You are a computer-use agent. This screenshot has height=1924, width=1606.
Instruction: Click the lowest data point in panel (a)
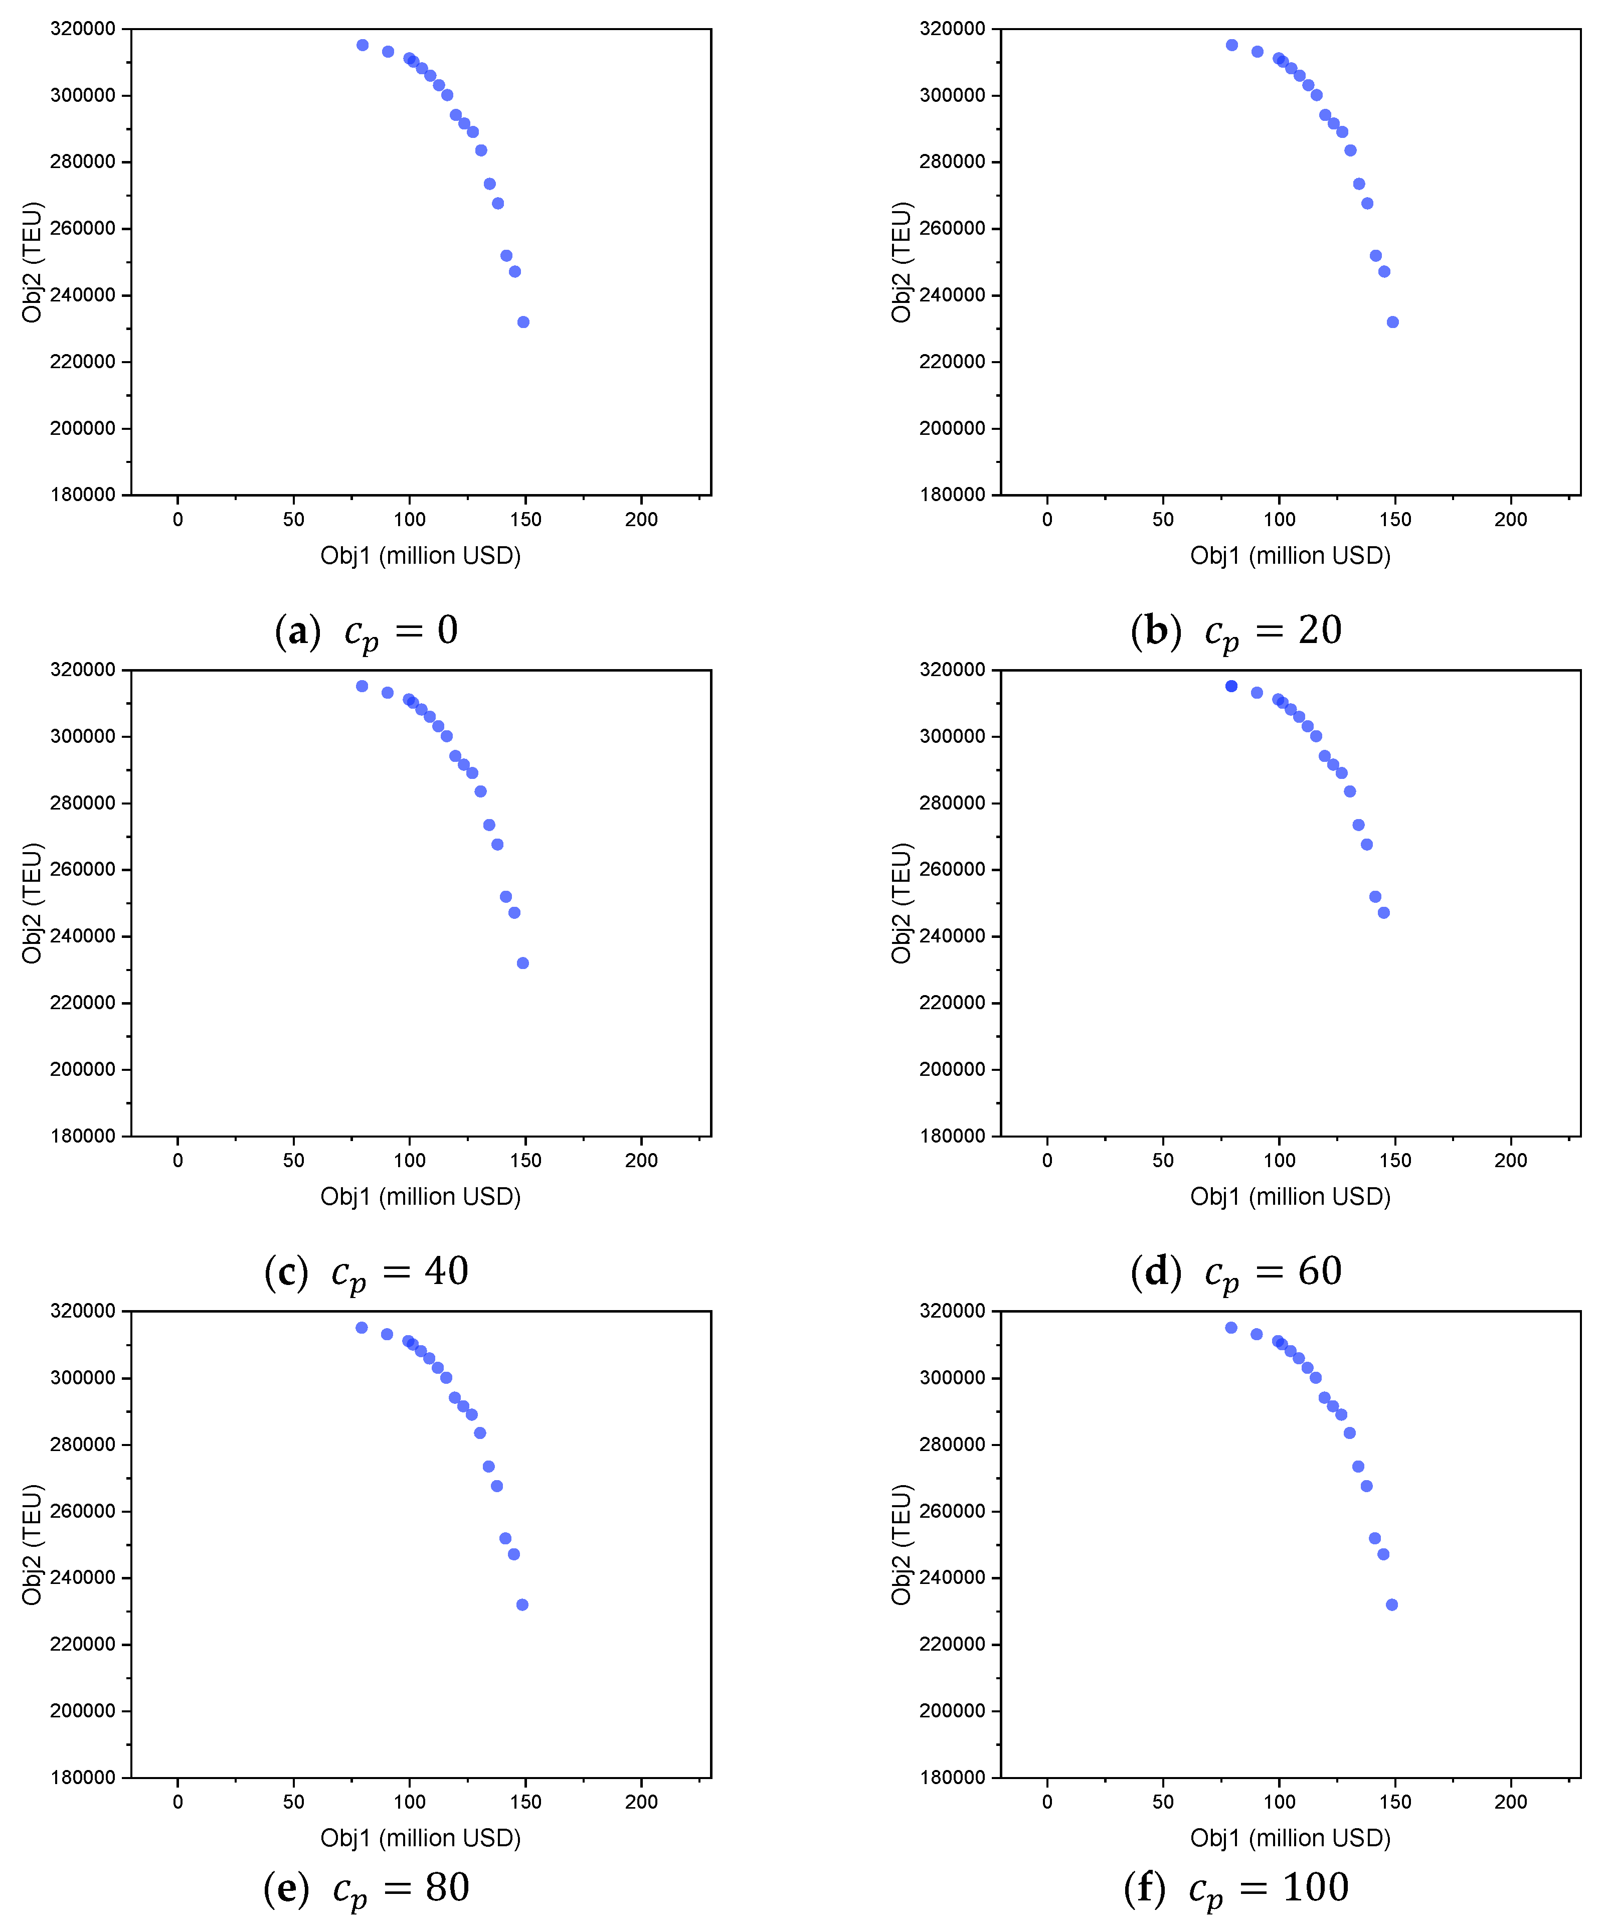[523, 322]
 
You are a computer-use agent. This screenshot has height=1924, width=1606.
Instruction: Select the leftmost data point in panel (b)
[1231, 45]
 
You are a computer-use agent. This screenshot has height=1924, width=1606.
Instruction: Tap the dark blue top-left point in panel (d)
[1231, 686]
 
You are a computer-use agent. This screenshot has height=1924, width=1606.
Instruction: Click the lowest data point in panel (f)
[1391, 1604]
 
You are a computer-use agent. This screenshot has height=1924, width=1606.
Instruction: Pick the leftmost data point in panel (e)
[362, 1328]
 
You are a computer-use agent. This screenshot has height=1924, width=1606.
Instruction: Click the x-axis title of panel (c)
[421, 1197]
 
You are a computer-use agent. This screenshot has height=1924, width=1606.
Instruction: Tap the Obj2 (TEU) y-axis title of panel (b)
[902, 262]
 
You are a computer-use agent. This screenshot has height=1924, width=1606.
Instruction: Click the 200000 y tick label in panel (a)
[82, 428]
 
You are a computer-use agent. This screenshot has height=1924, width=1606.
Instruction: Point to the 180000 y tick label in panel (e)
[82, 1778]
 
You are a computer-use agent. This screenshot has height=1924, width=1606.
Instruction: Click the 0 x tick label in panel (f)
[1047, 1801]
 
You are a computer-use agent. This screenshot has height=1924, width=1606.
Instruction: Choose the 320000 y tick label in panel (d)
[952, 670]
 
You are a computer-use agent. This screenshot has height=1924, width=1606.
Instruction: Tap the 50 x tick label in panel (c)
[293, 1160]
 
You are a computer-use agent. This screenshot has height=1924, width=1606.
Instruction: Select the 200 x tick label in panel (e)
[641, 1801]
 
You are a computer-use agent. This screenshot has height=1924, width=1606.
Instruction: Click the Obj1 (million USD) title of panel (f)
[1290, 1838]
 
